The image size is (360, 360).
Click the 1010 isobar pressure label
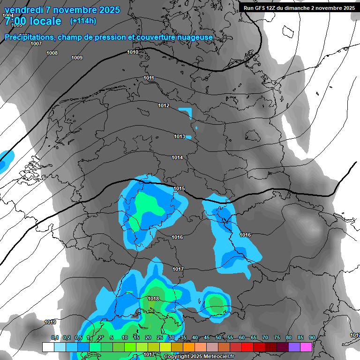coord(133,52)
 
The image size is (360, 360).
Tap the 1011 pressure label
coord(149,78)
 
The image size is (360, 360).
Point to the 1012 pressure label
coord(164,106)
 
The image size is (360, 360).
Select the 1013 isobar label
coord(180,136)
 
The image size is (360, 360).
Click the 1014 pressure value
coord(177,158)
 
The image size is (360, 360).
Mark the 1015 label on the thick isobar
coord(180,189)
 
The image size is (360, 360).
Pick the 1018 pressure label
coord(153,299)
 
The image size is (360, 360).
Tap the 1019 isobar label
coord(50,322)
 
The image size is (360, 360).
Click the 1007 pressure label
coord(36,44)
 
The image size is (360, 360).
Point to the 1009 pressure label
coord(77,58)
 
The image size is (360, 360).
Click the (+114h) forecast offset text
coord(83,21)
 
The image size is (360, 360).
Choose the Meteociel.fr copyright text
coord(199,356)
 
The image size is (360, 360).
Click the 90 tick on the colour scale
coord(312,337)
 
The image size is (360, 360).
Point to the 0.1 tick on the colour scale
coord(55,337)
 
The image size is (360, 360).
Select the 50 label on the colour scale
coord(218,337)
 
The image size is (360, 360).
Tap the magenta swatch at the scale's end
coord(306,347)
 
